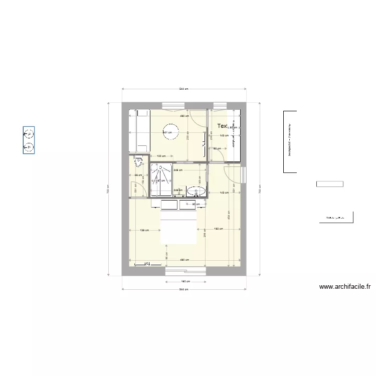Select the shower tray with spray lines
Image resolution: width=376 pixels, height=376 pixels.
pyautogui.click(x=161, y=180)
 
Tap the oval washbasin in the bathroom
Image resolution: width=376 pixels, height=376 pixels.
pyautogui.click(x=196, y=191)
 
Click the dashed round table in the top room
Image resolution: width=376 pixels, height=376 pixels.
pyautogui.click(x=170, y=133)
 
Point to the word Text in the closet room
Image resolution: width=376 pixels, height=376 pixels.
pyautogui.click(x=223, y=126)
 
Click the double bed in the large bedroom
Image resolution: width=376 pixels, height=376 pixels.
pyautogui.click(x=178, y=228)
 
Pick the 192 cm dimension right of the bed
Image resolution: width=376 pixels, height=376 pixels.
pyautogui.click(x=218, y=229)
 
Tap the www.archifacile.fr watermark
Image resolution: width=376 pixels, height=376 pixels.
pyautogui.click(x=345, y=287)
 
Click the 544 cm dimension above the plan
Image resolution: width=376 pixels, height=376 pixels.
pyautogui.click(x=183, y=89)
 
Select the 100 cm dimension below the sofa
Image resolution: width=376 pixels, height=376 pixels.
pyautogui.click(x=160, y=156)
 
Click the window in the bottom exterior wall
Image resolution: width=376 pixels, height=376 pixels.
pyautogui.click(x=185, y=271)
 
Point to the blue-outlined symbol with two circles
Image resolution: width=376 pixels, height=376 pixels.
pyautogui.click(x=29, y=140)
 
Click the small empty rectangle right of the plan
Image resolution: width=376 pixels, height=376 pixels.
pyautogui.click(x=330, y=184)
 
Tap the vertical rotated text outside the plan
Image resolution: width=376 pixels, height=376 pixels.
pyautogui.click(x=290, y=141)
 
